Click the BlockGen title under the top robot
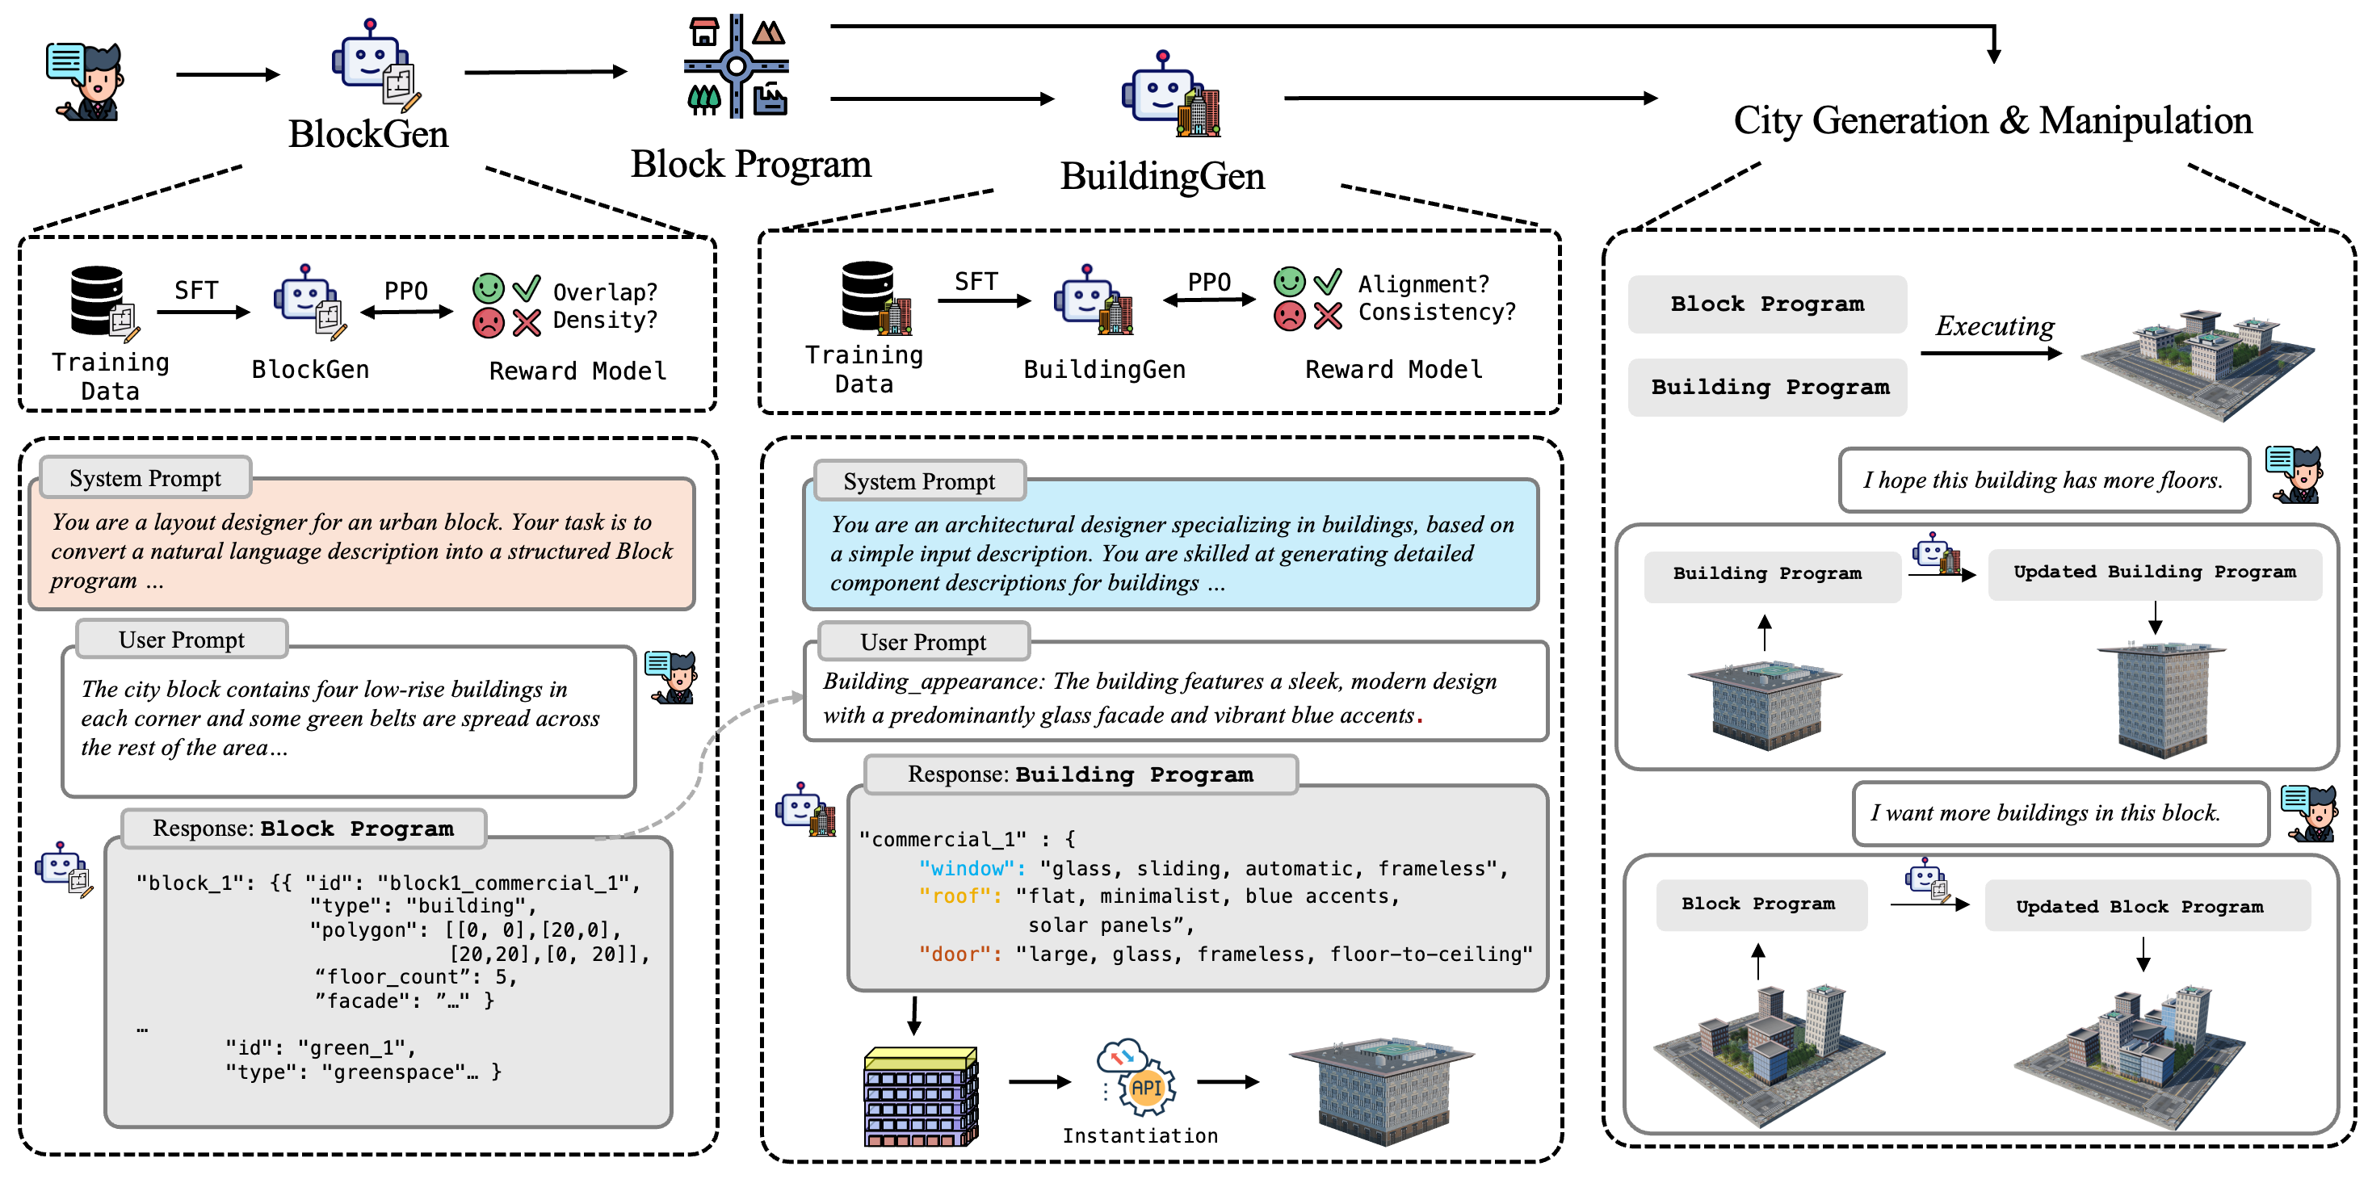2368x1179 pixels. pyautogui.click(x=367, y=134)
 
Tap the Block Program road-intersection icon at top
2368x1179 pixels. pyautogui.click(x=737, y=66)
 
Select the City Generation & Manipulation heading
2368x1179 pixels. pyautogui.click(x=1992, y=120)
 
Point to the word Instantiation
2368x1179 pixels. pyautogui.click(x=1140, y=1136)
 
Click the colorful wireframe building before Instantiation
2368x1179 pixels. pyautogui.click(x=920, y=1097)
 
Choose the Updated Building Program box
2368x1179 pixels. pyautogui.click(x=2154, y=573)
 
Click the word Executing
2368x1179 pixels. pyautogui.click(x=1994, y=326)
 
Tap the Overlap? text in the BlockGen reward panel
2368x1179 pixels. pyautogui.click(x=605, y=292)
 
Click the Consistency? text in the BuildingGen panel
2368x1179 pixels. pyautogui.click(x=1436, y=313)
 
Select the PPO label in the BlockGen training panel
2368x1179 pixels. pyautogui.click(x=405, y=292)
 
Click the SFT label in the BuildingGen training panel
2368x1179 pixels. pyautogui.click(x=976, y=281)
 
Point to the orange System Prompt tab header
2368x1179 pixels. pyautogui.click(x=145, y=478)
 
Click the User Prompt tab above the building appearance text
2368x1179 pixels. pyautogui.click(x=923, y=642)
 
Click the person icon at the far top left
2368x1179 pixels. pyautogui.click(x=86, y=81)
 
